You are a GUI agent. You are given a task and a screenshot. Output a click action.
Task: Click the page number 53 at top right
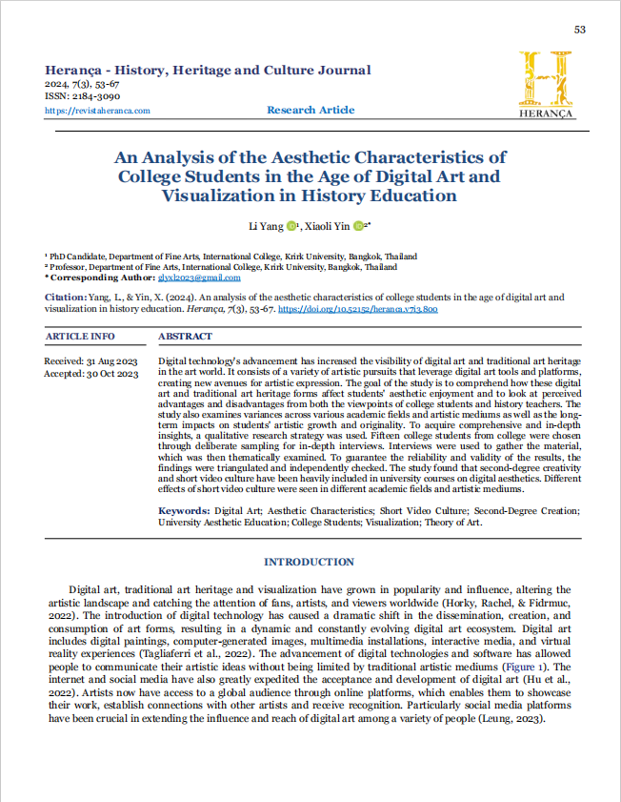(579, 31)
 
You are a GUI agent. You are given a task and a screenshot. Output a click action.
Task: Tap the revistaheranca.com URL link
(97, 111)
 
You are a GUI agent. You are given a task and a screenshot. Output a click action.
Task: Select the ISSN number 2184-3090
(93, 97)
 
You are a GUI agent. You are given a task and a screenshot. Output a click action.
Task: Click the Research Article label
(310, 111)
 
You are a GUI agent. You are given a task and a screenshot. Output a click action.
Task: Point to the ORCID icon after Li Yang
(290, 226)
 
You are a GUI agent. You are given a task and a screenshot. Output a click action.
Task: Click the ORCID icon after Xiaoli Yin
(358, 226)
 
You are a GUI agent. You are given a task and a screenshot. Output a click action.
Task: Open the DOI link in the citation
(358, 310)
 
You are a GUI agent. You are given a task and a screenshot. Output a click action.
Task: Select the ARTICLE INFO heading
(80, 337)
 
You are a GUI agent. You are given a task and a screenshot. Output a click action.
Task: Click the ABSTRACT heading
(186, 337)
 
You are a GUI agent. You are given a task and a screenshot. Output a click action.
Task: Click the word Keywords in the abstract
(183, 511)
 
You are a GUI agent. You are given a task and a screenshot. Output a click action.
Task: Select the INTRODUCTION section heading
(310, 562)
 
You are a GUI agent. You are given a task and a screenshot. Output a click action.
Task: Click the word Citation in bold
(65, 298)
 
